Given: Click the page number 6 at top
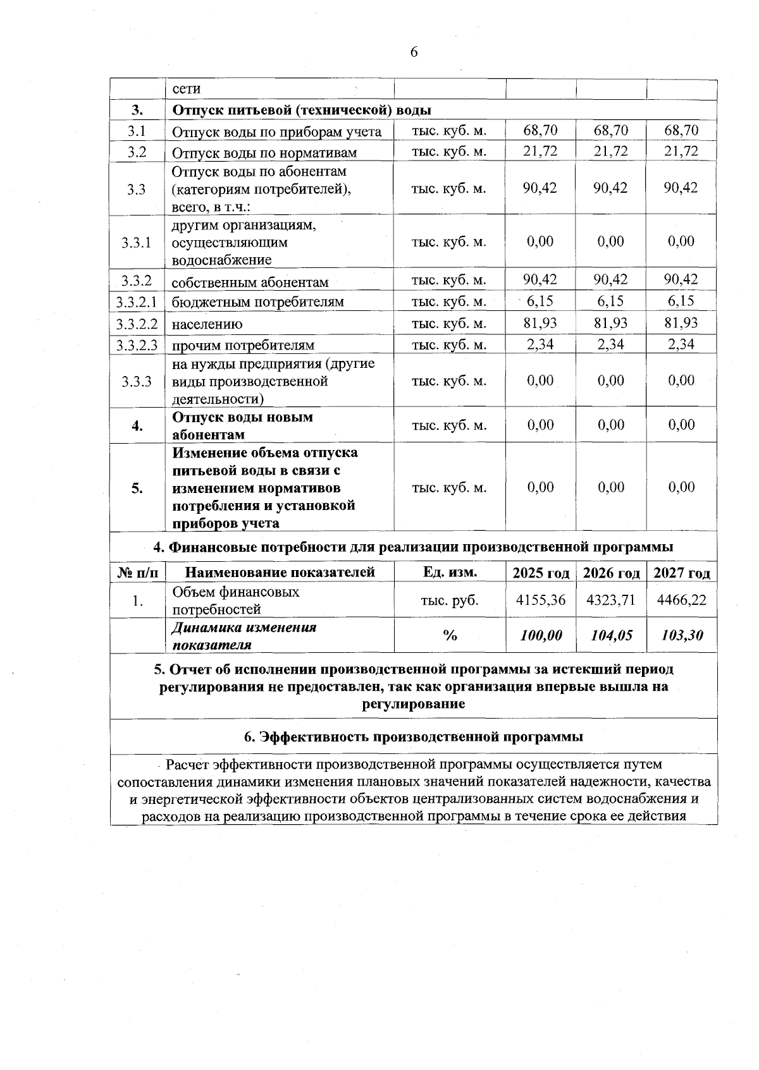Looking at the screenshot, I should pos(414,52).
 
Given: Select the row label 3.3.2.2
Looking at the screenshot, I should pos(137,324).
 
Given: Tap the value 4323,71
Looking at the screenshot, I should pos(611,600).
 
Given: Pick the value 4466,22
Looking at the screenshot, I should pos(682,600).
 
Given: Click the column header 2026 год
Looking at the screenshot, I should pos(611,573).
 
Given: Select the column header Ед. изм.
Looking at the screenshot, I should pos(450,572).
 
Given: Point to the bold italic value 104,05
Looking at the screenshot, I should pos(611,635).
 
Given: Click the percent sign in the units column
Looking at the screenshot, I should pos(450,636).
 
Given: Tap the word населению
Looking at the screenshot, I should pos(207,325).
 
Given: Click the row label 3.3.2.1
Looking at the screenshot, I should pos(137,301).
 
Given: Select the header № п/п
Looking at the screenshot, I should pos(137,573).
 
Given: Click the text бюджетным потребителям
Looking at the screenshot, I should pos(258,302).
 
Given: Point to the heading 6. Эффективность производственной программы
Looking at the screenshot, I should pos(414,736).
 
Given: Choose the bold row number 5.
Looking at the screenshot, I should pos(137,488).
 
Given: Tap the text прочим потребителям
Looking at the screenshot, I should pos(243,345).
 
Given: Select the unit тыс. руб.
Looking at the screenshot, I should pos(450,600).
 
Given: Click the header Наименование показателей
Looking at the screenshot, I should pos(280,572).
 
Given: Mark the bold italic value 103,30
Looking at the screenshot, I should pos(682,635).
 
